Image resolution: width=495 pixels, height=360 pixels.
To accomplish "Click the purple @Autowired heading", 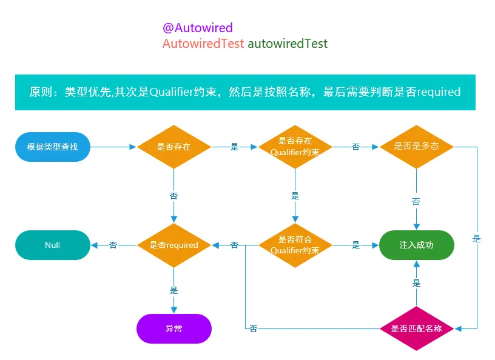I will (x=197, y=28).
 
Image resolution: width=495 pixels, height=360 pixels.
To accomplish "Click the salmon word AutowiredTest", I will (x=203, y=44).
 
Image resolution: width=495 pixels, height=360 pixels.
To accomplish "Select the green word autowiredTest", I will (x=288, y=44).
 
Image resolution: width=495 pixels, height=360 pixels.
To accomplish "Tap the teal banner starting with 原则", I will (x=244, y=92).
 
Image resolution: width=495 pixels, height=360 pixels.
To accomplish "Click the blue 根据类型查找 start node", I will (x=52, y=147).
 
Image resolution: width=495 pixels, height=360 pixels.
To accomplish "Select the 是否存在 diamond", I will (x=173, y=147).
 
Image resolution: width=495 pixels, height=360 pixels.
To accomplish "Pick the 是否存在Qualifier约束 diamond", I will (x=295, y=147).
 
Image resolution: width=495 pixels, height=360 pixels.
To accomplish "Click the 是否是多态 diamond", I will (x=416, y=147).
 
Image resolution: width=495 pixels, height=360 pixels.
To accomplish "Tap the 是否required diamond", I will (x=173, y=245).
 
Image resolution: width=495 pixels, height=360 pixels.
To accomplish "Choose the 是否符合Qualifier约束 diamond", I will (x=295, y=245).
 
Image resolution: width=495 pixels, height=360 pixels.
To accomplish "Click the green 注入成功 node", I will (x=416, y=245).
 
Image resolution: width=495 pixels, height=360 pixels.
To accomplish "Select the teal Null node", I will (x=52, y=245).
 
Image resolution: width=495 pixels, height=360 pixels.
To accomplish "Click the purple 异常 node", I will (x=173, y=328).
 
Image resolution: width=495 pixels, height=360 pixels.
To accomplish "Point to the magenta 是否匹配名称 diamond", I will (x=416, y=328).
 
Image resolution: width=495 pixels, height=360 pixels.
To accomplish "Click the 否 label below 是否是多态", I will (x=416, y=201).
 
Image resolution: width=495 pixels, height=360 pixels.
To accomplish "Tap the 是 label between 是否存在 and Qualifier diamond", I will (x=235, y=147).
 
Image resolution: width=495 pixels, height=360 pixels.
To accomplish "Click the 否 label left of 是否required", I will (x=113, y=245).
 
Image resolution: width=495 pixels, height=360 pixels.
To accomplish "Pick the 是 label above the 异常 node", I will (x=173, y=290).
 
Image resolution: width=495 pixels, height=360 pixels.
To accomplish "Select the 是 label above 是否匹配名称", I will (x=416, y=283).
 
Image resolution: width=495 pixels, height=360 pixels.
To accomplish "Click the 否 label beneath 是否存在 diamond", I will (x=173, y=196).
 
